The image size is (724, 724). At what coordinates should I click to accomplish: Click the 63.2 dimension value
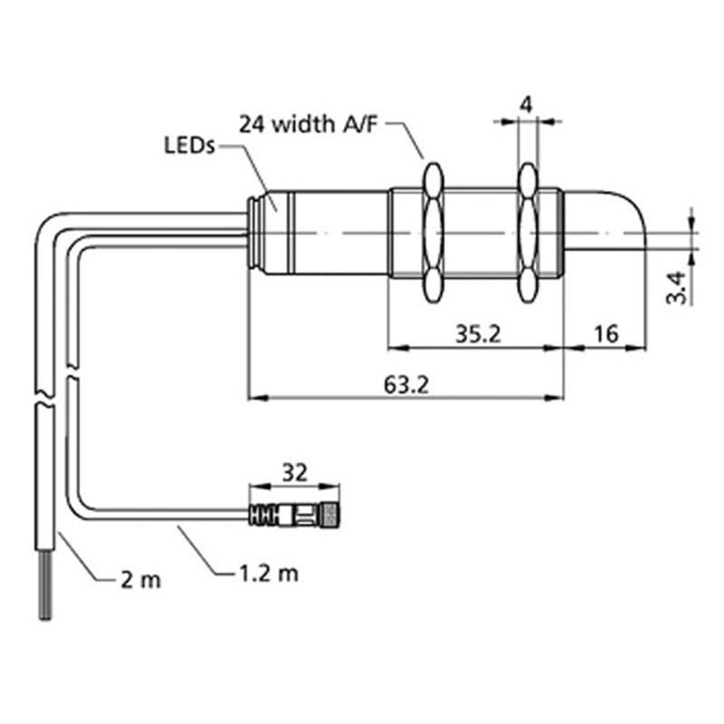pyautogui.click(x=406, y=384)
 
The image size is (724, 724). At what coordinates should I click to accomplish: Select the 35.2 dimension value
pyautogui.click(x=478, y=334)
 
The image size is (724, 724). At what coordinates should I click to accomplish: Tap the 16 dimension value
pyautogui.click(x=605, y=334)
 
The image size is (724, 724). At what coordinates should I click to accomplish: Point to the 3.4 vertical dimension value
pyautogui.click(x=687, y=285)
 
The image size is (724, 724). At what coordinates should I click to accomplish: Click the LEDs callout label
pyautogui.click(x=188, y=145)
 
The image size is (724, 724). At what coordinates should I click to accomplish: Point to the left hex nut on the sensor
pyautogui.click(x=433, y=231)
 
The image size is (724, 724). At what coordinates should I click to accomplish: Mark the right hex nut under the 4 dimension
pyautogui.click(x=528, y=231)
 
